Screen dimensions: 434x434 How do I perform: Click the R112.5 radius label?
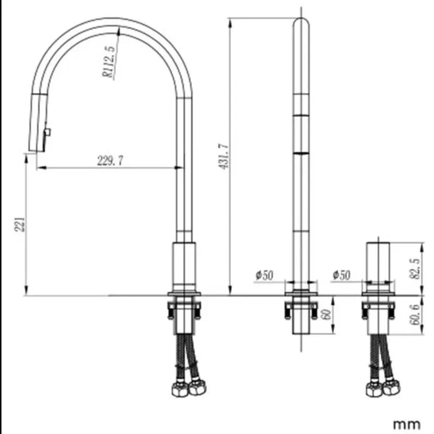click(x=109, y=62)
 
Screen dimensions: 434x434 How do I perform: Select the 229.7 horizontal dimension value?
click(x=110, y=161)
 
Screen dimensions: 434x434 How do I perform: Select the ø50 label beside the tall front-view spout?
click(x=264, y=275)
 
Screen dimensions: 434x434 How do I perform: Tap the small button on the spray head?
click(x=48, y=132)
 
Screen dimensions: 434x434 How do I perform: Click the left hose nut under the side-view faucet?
click(x=177, y=388)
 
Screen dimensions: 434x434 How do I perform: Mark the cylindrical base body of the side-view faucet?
click(x=184, y=266)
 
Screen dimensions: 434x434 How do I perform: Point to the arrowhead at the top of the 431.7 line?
click(x=231, y=21)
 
